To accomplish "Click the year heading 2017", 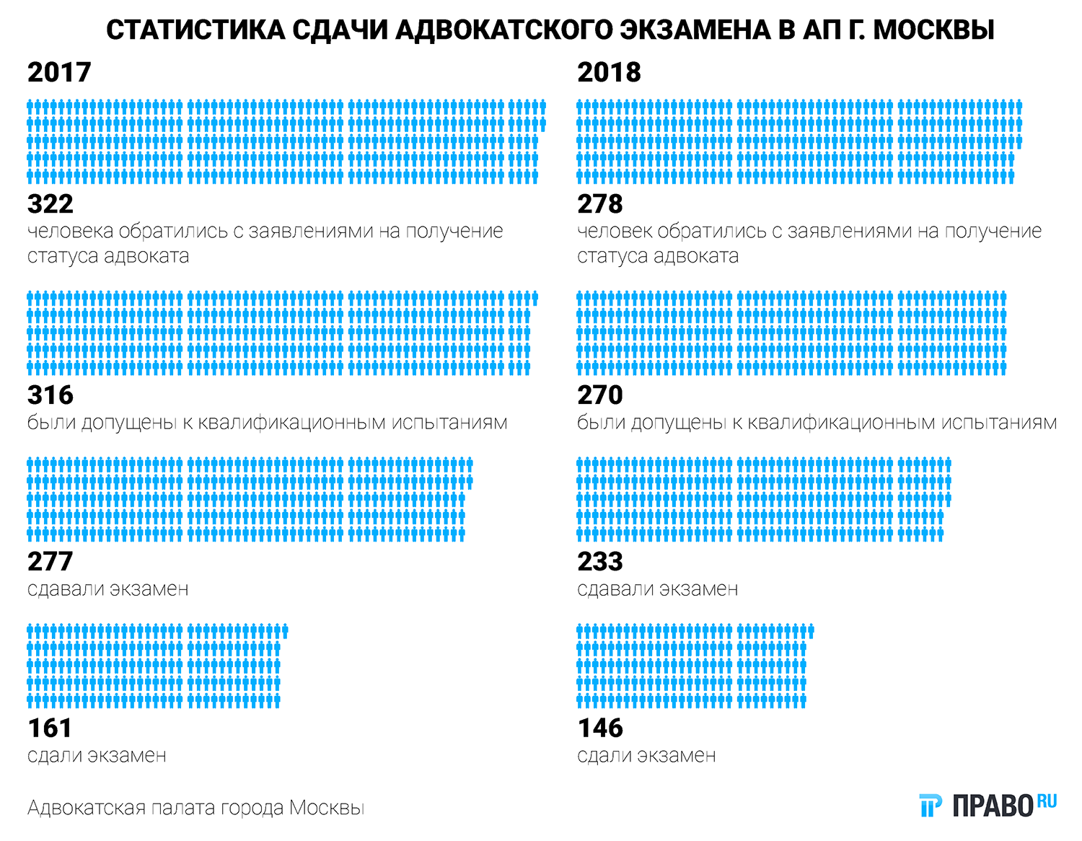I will click(x=59, y=72).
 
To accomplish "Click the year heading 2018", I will click(x=609, y=72).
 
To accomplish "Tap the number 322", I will click(x=50, y=204).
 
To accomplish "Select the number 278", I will click(x=600, y=204).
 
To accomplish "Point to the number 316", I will click(x=50, y=395).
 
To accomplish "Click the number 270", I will click(x=600, y=395).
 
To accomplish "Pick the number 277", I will click(x=50, y=561).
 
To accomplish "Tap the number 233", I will click(x=600, y=561).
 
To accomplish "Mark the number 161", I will click(x=50, y=728).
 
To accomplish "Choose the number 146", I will click(x=600, y=728).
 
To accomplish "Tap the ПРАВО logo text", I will click(x=993, y=806).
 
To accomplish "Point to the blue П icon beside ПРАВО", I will click(x=931, y=806).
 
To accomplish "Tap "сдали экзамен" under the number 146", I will click(x=646, y=755).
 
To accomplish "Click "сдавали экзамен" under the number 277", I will click(x=107, y=589).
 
